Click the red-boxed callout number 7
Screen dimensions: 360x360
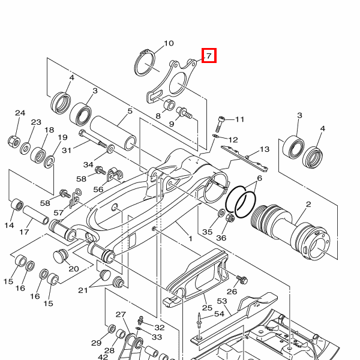click(x=209, y=56)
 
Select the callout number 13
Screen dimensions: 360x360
click(x=264, y=149)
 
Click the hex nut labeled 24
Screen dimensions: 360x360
click(x=14, y=142)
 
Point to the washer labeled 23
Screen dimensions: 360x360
click(x=26, y=148)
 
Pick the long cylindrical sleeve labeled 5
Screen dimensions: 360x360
click(x=113, y=133)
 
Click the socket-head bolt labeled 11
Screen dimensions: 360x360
click(x=219, y=124)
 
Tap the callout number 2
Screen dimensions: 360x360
click(x=308, y=204)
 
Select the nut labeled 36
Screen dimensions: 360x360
click(x=230, y=217)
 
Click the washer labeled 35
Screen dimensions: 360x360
click(x=221, y=212)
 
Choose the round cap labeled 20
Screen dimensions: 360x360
click(x=61, y=256)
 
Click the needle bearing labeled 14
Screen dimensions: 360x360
click(x=17, y=205)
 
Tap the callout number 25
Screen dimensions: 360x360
click(x=207, y=308)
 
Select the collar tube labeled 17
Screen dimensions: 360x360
click(x=35, y=215)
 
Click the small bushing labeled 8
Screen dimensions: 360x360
click(x=169, y=104)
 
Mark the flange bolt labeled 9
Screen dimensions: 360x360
click(x=184, y=113)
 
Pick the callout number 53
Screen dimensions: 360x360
click(x=222, y=301)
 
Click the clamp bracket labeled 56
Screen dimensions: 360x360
click(x=115, y=175)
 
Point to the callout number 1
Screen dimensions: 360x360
click(x=190, y=239)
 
